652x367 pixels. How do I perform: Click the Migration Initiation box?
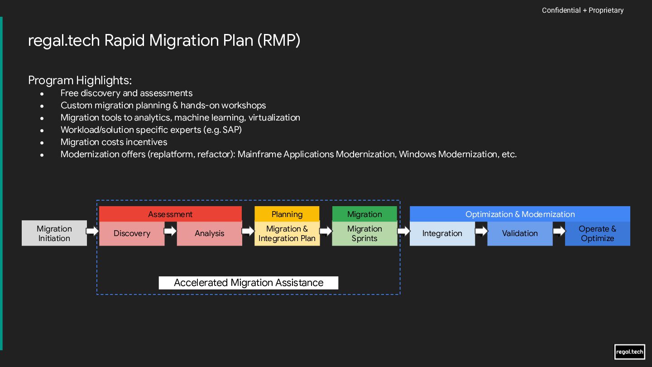(54, 233)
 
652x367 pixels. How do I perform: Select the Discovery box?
(132, 233)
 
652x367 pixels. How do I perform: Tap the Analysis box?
(209, 233)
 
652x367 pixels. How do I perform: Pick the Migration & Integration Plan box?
(287, 233)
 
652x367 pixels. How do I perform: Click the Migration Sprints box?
(364, 233)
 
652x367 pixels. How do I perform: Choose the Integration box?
(442, 233)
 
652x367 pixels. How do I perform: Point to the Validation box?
(520, 233)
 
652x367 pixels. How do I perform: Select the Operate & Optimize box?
(598, 233)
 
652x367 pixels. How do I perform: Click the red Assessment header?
(170, 214)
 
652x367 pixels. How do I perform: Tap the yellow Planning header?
(287, 214)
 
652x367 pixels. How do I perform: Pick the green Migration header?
(364, 214)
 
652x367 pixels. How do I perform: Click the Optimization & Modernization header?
(520, 214)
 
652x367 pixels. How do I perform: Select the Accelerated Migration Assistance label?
(249, 283)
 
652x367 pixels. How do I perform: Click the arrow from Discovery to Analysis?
(170, 231)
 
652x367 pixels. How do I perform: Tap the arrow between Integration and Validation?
(481, 231)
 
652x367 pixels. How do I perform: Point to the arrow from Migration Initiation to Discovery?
(92, 231)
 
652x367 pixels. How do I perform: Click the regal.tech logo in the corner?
(629, 352)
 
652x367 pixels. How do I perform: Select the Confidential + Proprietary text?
(583, 10)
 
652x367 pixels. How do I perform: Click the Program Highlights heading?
(80, 80)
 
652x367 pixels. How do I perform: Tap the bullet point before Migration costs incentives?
(42, 143)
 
